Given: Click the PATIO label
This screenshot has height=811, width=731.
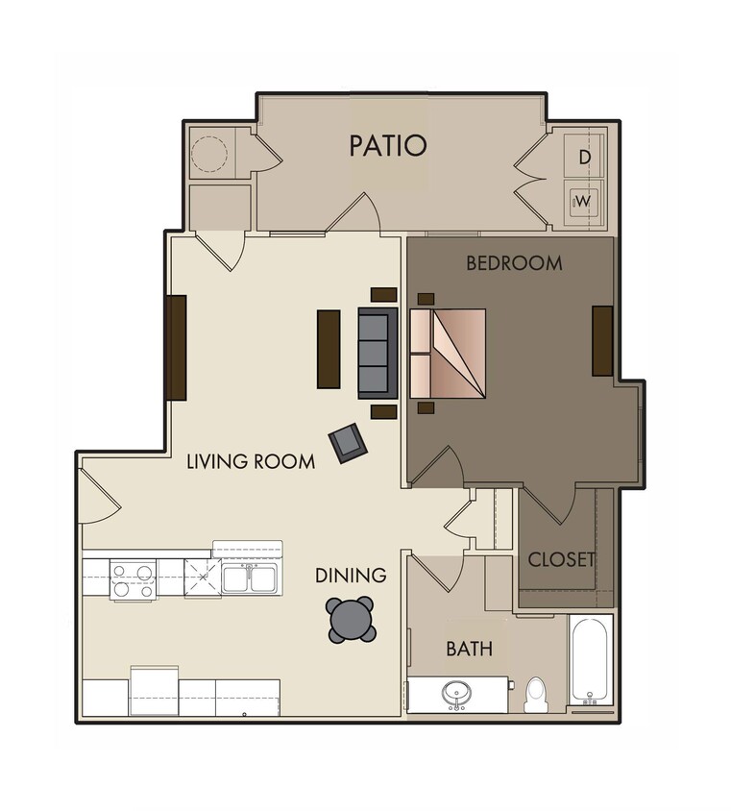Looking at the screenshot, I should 387,146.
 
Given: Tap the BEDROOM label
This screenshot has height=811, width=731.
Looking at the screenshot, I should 514,262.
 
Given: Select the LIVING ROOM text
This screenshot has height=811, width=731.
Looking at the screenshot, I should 251,462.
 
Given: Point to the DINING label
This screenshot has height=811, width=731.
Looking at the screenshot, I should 351,576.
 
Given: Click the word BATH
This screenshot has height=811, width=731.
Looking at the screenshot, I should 469,649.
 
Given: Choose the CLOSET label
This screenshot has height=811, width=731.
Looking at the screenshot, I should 562,559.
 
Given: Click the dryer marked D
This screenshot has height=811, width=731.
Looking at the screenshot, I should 584,156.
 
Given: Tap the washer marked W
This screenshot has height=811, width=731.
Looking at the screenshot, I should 583,202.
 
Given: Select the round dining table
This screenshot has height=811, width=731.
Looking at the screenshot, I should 351,620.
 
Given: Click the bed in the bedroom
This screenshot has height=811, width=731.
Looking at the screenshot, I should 449,353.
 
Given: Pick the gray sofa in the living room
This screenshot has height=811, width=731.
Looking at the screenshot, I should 378,352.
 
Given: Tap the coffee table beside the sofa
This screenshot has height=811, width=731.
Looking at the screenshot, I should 329,349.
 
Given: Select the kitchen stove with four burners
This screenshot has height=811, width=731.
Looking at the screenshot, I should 133,580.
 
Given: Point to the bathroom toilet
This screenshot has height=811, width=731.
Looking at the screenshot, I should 536,694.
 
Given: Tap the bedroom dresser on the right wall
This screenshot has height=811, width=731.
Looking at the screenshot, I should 602,340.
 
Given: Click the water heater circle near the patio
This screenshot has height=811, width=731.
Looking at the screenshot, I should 209,154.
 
